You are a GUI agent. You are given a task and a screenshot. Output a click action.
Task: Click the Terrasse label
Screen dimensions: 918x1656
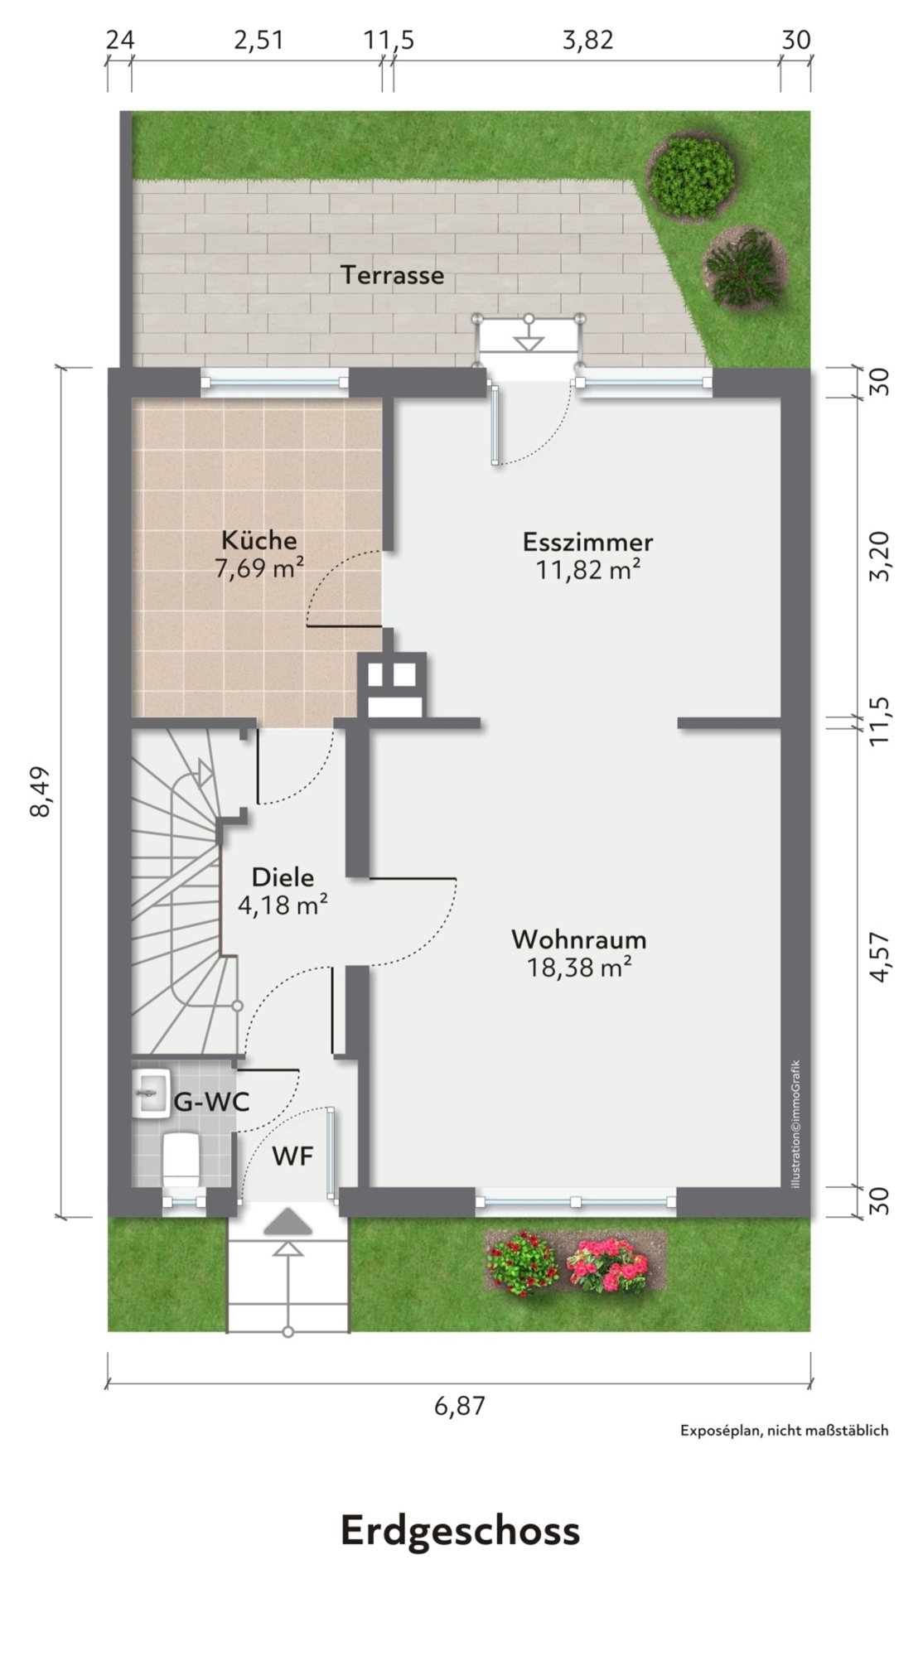point(393,274)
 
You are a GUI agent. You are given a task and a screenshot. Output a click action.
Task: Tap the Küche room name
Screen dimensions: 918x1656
point(258,540)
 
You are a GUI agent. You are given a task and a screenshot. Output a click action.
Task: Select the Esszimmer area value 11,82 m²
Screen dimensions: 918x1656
point(588,570)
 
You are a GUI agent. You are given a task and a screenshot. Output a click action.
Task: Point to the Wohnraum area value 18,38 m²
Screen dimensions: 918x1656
point(580,967)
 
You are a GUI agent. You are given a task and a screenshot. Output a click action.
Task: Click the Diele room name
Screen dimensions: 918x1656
point(283,876)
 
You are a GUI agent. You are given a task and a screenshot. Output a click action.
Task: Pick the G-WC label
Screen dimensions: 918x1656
point(211,1103)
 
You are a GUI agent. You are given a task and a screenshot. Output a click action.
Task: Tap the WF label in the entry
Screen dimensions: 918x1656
point(293,1156)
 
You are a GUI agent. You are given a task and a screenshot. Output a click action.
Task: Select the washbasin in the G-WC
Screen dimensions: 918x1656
point(151,1094)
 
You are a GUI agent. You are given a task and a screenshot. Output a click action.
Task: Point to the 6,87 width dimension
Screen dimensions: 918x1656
point(458,1406)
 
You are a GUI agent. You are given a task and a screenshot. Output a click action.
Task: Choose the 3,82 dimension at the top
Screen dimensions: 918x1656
point(588,40)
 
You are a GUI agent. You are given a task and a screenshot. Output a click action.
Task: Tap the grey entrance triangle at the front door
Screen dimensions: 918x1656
point(287,1223)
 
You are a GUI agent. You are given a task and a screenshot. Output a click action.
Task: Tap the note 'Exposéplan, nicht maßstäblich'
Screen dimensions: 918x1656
point(784,1430)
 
